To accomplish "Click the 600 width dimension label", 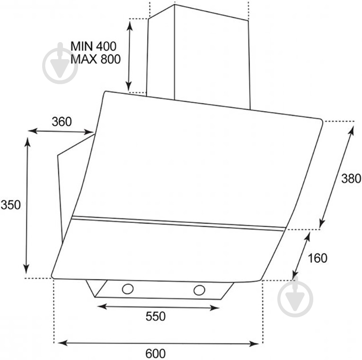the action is click(155, 353).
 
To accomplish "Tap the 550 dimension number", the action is click(155, 316).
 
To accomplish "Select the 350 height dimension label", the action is click(10, 205).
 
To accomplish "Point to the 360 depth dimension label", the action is click(62, 122).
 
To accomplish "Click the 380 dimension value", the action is click(351, 178).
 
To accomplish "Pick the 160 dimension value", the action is click(318, 258).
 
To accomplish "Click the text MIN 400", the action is click(93, 46).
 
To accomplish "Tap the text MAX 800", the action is click(96, 59).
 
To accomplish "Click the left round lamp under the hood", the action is click(128, 289).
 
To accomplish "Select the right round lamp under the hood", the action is click(199, 290).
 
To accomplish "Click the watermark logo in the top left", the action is click(60, 63).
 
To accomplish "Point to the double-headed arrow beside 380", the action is click(336, 177).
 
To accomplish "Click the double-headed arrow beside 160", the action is click(301, 256).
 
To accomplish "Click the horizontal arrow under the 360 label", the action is click(61, 132).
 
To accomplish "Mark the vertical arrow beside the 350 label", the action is click(27, 206).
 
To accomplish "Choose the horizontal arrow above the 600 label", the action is click(158, 343).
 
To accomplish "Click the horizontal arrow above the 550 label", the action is click(158, 307).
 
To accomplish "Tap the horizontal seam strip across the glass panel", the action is click(178, 224).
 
